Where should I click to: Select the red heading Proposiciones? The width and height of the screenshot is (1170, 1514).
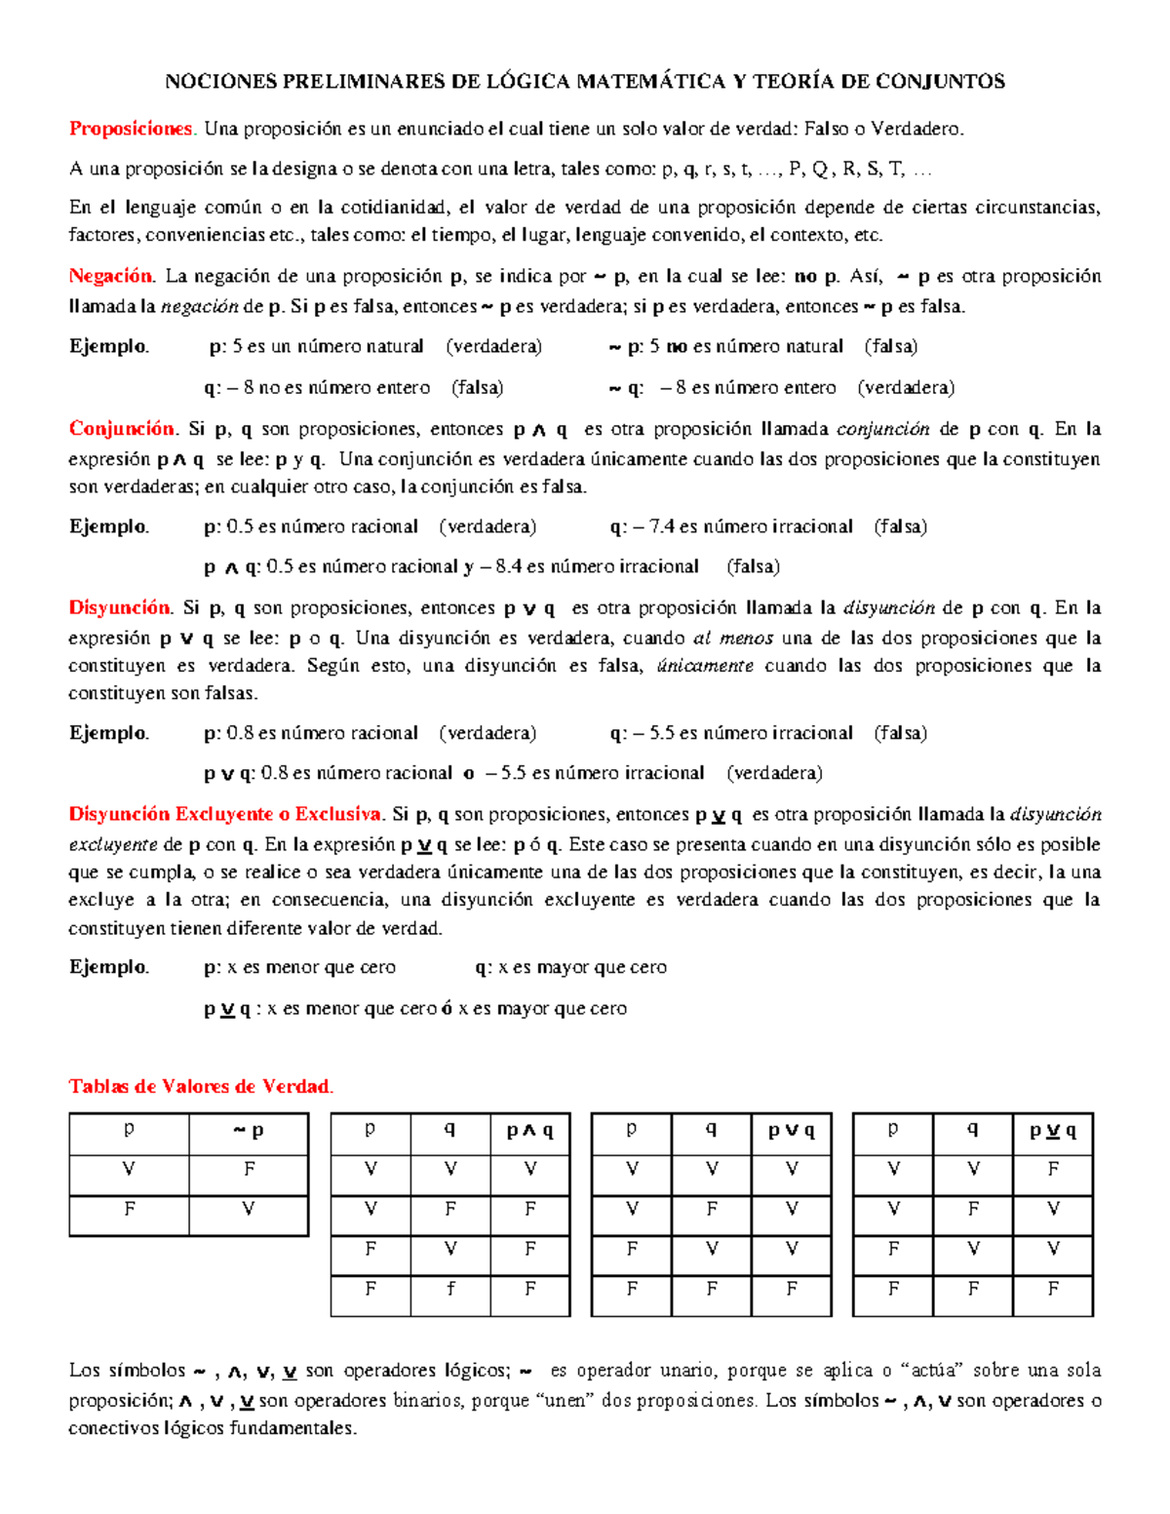point(131,129)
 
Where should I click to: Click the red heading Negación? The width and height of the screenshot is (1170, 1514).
point(110,276)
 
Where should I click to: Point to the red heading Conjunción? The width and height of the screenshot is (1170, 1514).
point(121,429)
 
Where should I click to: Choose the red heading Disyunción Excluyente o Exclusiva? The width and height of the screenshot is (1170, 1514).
point(225,814)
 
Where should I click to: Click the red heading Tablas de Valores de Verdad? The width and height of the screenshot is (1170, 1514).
point(200,1086)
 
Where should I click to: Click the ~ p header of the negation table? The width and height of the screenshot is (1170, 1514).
point(249,1131)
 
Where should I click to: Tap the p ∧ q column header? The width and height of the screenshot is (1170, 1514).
point(529,1131)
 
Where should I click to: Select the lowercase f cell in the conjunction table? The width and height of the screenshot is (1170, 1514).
point(450,1289)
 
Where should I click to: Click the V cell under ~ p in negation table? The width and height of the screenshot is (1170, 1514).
point(249,1210)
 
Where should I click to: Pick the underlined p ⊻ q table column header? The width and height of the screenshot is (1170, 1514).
point(1053,1131)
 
